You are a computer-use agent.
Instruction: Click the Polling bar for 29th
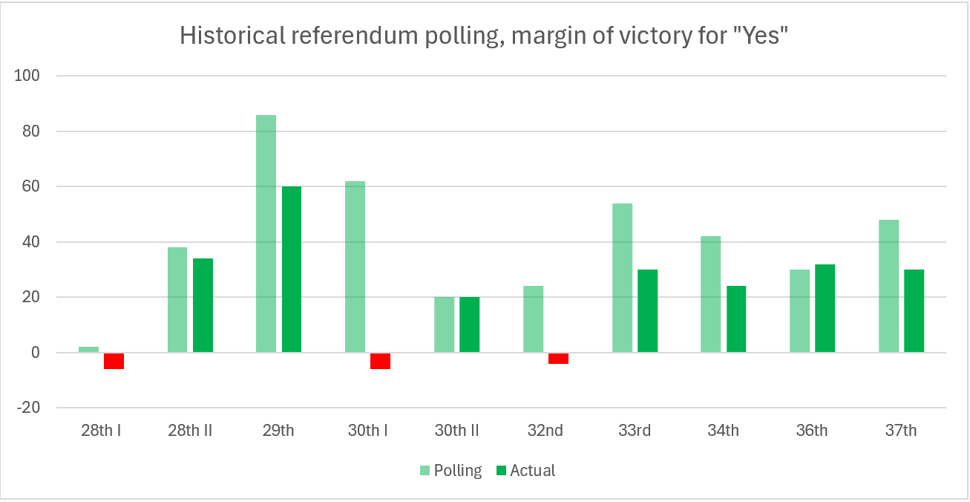pyautogui.click(x=266, y=234)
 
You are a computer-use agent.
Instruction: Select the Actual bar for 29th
pyautogui.click(x=292, y=269)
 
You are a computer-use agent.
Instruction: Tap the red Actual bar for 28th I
pyautogui.click(x=114, y=361)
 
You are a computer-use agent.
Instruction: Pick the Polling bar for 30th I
pyautogui.click(x=355, y=267)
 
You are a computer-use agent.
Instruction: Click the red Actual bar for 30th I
pyautogui.click(x=380, y=361)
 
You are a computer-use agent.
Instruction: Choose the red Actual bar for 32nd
pyautogui.click(x=558, y=359)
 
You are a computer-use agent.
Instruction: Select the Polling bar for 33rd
pyautogui.click(x=622, y=278)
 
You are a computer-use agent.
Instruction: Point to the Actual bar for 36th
pyautogui.click(x=825, y=308)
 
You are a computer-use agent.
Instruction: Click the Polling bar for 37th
pyautogui.click(x=889, y=286)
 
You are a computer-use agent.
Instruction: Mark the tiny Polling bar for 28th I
pyautogui.click(x=88, y=350)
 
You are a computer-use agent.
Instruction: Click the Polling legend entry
pyautogui.click(x=450, y=471)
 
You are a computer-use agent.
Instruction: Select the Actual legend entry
pyautogui.click(x=525, y=471)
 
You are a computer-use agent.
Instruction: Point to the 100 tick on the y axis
pyautogui.click(x=30, y=76)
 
